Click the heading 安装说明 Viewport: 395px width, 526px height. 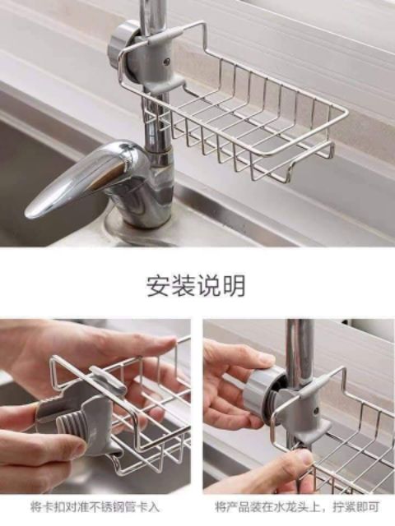click(x=196, y=285)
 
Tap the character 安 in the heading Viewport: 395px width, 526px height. click(x=159, y=285)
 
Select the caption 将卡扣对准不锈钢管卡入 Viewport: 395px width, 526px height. click(x=95, y=506)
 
